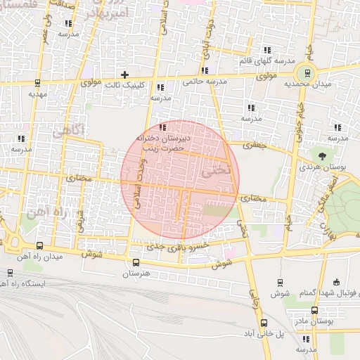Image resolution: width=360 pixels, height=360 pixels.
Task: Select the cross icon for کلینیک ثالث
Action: (x=124, y=74)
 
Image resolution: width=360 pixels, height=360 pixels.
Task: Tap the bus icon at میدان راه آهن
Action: (x=39, y=246)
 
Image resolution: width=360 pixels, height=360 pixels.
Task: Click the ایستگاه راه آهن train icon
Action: (x=9, y=272)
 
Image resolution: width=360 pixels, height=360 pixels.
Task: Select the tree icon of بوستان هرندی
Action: (x=322, y=155)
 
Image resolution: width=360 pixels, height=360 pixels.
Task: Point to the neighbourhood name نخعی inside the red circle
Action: (x=211, y=172)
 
